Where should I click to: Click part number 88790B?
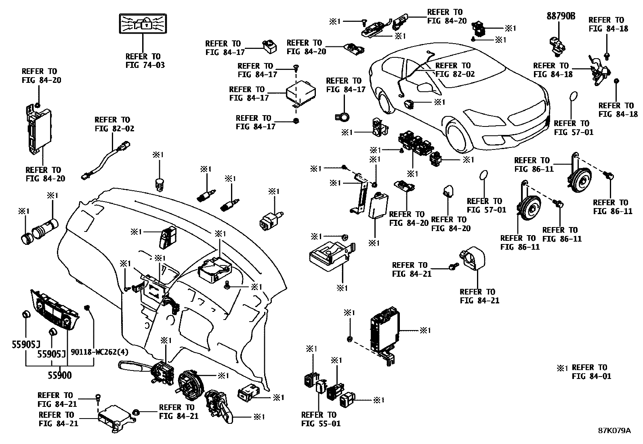(561, 17)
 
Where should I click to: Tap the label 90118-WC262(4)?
(99, 352)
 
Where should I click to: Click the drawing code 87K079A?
(614, 430)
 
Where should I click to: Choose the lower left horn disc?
(529, 209)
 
